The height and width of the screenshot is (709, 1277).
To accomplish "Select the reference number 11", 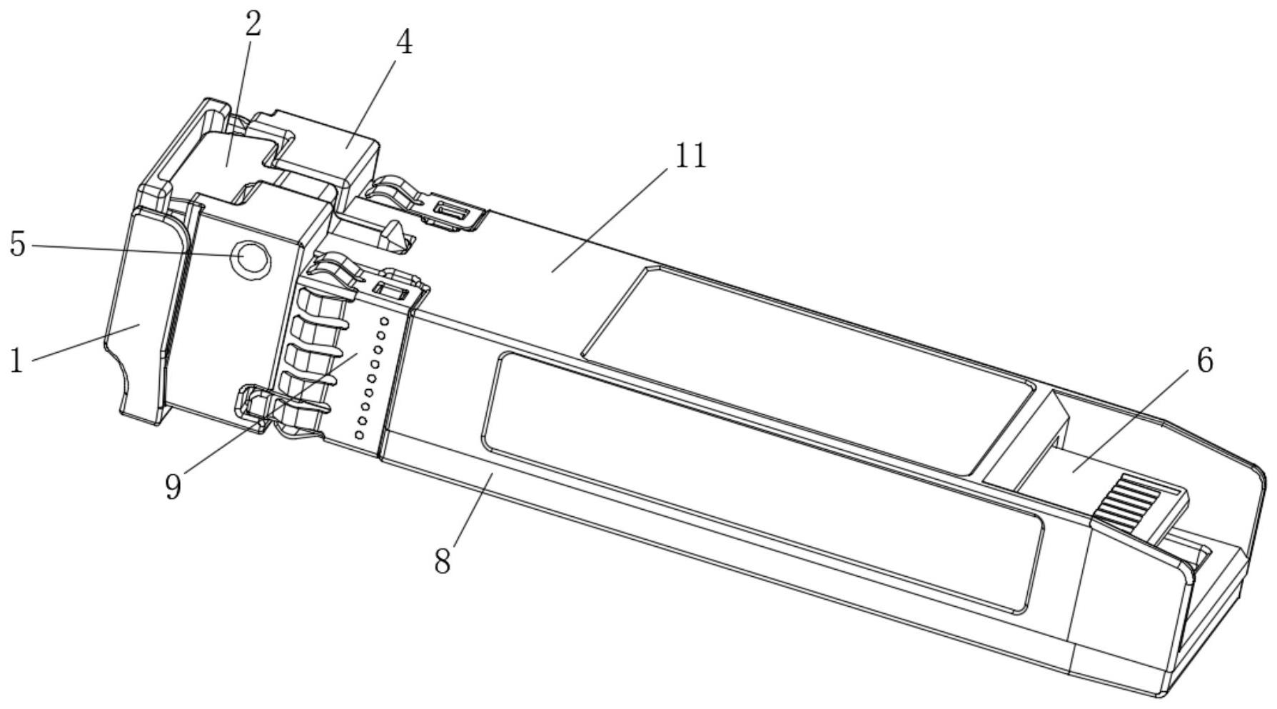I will [x=690, y=156].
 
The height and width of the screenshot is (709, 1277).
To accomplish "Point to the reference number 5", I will [x=18, y=245].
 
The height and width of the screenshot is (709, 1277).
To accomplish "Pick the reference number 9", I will [x=173, y=487].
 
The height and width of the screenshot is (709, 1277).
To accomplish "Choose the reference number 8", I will [x=443, y=561].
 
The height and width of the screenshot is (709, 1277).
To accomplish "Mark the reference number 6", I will [x=1204, y=361].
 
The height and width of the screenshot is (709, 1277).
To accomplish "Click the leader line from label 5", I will [x=136, y=250].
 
